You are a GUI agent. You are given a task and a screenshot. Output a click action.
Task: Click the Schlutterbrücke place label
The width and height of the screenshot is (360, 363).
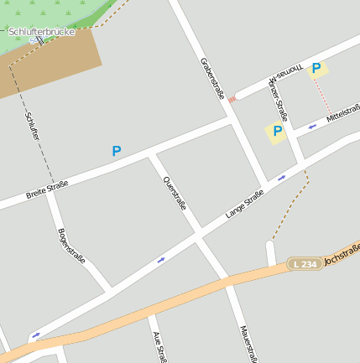41,32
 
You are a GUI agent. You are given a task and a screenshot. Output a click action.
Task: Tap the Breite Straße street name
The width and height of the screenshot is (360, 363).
46,190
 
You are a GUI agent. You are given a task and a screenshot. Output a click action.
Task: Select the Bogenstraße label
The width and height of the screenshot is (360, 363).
71,246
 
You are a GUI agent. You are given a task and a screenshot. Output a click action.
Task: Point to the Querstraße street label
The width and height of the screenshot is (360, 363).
174,194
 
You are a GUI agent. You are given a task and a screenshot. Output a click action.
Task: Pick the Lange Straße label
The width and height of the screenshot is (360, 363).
244,204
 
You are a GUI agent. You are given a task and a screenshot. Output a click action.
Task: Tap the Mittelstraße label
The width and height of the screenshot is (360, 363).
342,116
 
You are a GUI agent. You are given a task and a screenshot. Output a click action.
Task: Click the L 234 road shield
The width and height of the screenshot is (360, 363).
305,263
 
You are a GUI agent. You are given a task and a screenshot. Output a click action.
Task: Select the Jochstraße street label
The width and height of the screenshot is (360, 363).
342,255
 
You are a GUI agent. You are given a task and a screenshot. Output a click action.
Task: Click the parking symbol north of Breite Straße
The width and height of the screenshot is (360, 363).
117,151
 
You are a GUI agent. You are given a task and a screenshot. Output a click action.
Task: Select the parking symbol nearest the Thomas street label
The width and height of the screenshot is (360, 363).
316,69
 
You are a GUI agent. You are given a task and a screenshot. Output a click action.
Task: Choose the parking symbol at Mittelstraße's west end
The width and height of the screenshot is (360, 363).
277,131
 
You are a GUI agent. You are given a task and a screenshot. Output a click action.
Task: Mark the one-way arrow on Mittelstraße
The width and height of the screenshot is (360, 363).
312,127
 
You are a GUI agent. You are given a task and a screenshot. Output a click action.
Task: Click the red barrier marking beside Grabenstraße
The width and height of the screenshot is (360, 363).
232,100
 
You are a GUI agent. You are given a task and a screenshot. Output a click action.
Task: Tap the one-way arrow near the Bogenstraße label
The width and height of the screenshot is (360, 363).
160,260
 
